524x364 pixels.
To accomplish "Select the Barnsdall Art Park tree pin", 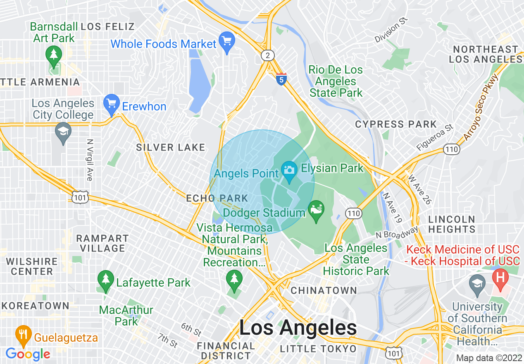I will point(54,55).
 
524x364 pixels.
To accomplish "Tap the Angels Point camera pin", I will point(289,170).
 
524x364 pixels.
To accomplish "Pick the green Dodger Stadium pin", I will point(316,210).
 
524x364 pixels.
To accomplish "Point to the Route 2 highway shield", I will point(268,55).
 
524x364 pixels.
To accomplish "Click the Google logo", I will point(28,354).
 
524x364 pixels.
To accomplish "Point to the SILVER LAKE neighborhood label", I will point(171,147).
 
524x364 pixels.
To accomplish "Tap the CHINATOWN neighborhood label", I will point(324,290).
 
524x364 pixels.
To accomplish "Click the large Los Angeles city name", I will point(298,328).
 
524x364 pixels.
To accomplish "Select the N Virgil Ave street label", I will point(89,159).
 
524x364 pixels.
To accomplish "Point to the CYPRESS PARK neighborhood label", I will point(395,124).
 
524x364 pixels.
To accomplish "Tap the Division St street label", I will point(391,30).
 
